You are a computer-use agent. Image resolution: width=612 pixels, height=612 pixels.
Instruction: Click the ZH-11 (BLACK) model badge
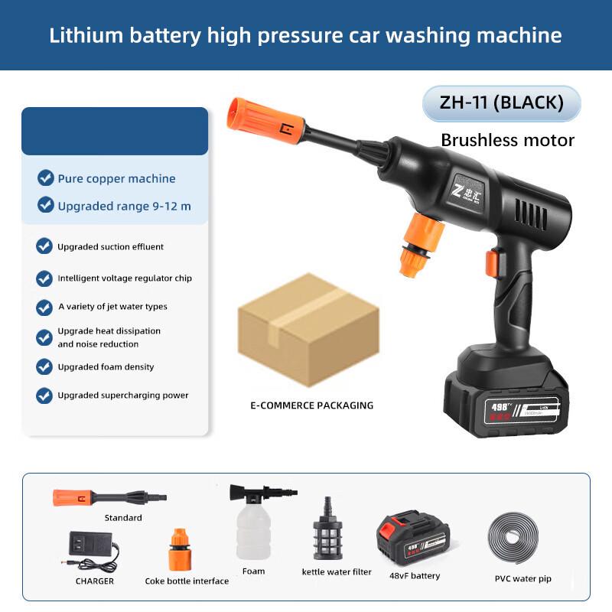coord(501,103)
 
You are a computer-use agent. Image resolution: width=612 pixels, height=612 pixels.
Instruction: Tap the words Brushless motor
coord(507,140)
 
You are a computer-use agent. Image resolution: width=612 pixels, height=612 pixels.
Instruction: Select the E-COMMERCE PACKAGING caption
coord(311,405)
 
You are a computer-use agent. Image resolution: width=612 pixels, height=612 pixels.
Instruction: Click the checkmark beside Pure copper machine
coord(46,178)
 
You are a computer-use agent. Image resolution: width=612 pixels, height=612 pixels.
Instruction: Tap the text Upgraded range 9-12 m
coord(124,206)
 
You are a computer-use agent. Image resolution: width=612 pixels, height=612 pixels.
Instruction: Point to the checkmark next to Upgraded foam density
coord(44,366)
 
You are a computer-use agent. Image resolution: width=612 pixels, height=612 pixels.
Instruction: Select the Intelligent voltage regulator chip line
coord(124,278)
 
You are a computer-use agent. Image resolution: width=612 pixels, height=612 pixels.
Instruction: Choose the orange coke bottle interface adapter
coord(186,548)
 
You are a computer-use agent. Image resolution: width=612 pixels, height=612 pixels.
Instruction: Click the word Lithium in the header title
coord(83,35)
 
